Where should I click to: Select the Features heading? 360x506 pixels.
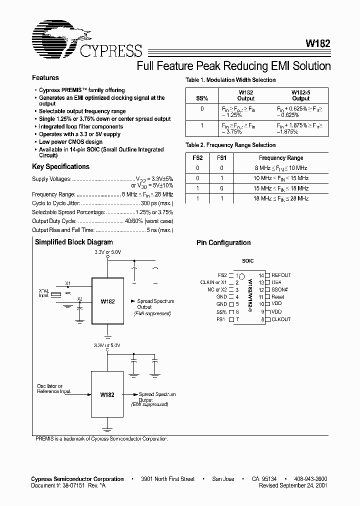[x=45, y=78]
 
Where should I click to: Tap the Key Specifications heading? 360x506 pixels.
[x=60, y=167]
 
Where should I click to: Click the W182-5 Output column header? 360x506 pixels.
[x=300, y=95]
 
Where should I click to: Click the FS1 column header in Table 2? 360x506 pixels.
[x=222, y=158]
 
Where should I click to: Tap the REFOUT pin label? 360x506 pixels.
[x=281, y=275]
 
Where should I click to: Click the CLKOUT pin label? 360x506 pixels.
[x=280, y=319]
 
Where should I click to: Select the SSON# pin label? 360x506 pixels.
[x=279, y=289]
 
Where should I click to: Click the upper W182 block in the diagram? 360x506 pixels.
[x=107, y=301]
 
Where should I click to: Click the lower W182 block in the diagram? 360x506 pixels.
[x=107, y=394]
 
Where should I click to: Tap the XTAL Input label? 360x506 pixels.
[x=44, y=292]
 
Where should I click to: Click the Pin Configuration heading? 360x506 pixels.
[x=223, y=243]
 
